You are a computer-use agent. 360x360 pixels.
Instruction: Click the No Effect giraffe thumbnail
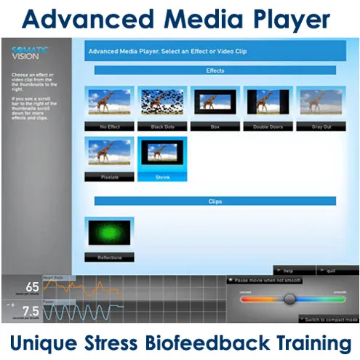[x=110, y=103]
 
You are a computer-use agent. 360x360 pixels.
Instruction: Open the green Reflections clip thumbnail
[x=110, y=232]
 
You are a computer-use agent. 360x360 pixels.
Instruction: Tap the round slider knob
[x=290, y=298]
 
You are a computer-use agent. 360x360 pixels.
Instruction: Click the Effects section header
[x=215, y=71]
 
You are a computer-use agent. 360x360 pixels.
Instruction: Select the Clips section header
[x=215, y=201]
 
